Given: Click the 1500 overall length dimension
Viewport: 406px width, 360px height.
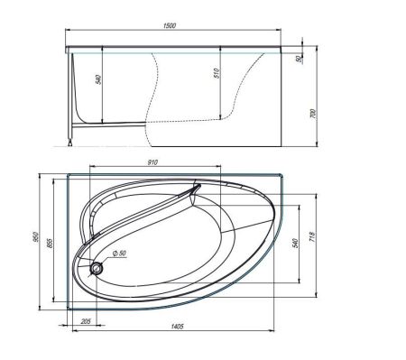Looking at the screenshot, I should point(170,26).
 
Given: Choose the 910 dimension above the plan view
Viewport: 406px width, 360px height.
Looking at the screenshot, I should point(152,162).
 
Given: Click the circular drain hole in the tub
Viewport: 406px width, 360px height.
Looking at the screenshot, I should point(97,267).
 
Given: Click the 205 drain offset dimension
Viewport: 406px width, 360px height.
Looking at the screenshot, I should point(86,321).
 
